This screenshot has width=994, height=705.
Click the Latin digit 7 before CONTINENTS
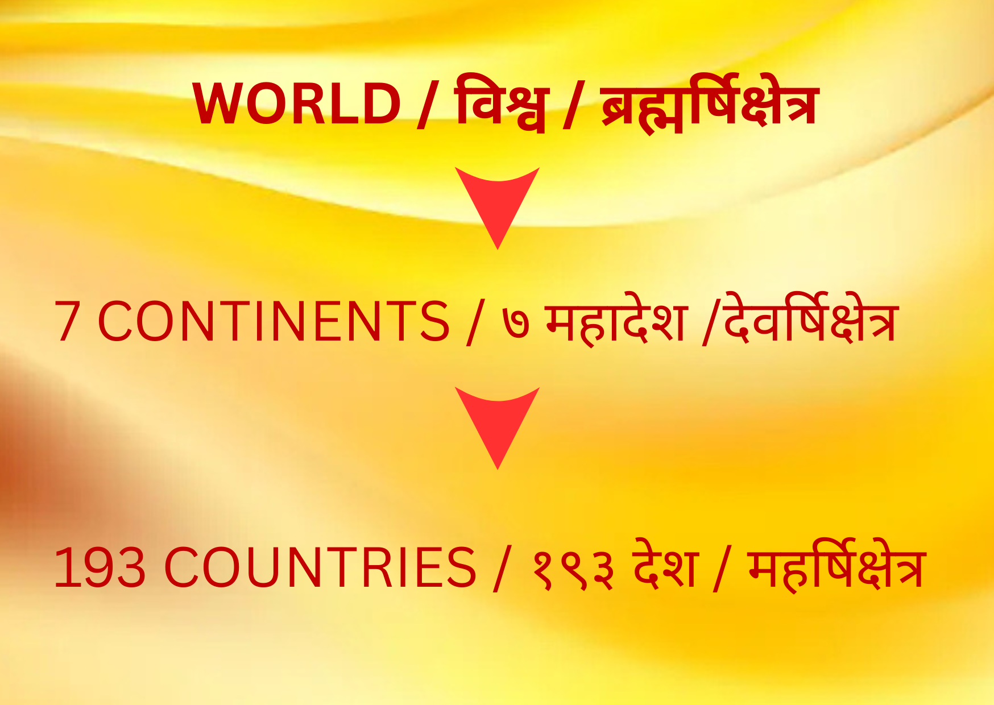tap(67, 321)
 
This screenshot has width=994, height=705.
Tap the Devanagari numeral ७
tap(516, 324)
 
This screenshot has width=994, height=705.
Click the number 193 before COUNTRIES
tap(100, 567)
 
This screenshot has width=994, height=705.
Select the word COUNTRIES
tap(320, 567)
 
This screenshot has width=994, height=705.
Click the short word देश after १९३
tap(665, 564)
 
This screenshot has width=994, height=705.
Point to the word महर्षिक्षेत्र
tap(837, 564)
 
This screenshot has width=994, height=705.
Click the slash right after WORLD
tap(425, 105)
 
